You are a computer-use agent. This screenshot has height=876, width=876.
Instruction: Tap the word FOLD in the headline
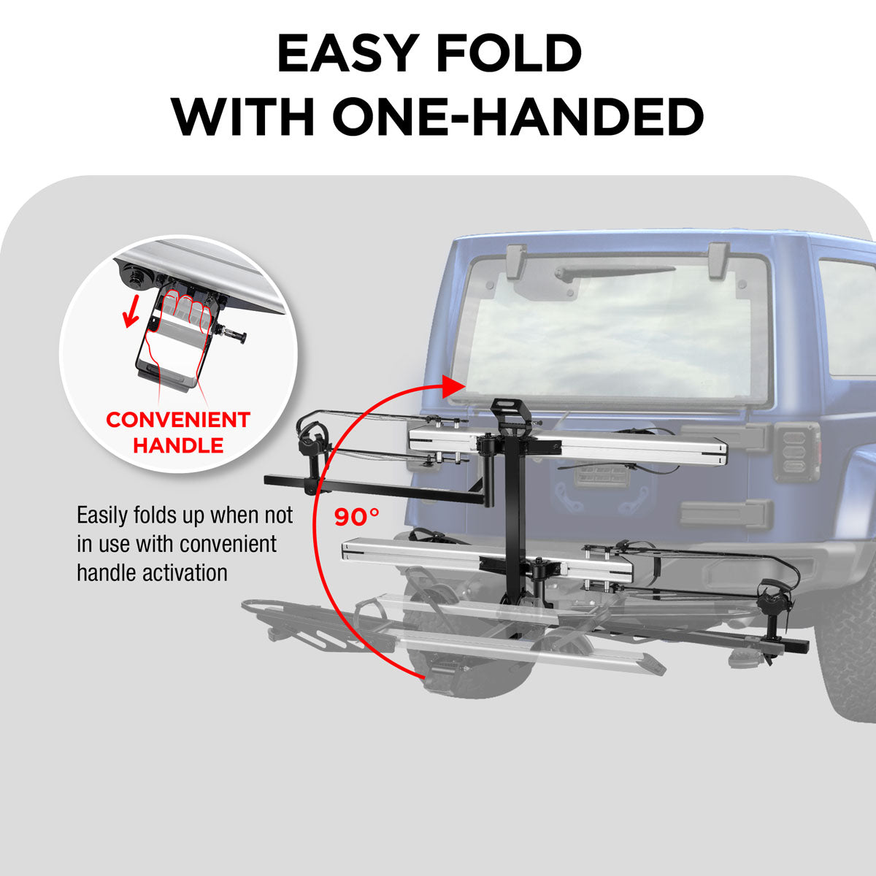click(515, 54)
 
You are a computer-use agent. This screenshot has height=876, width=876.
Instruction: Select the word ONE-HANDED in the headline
click(518, 117)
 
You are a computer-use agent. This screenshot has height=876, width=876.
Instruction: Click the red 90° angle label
click(357, 517)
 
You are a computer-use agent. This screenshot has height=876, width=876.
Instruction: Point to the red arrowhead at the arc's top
click(453, 386)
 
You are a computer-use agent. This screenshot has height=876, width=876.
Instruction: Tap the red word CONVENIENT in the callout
click(178, 420)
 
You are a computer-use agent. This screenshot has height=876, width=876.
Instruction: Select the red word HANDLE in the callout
click(178, 445)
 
